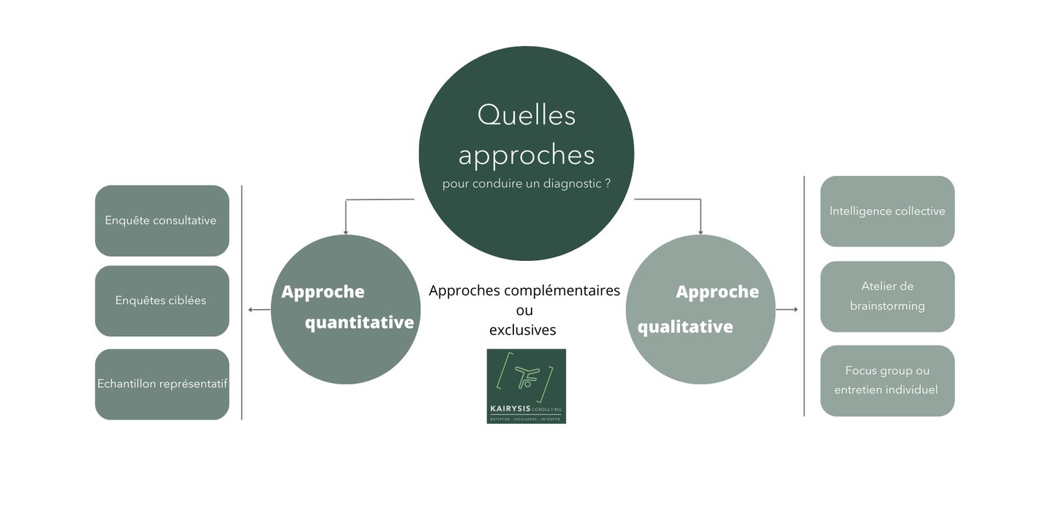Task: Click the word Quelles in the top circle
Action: [526, 115]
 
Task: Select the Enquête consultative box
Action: [162, 221]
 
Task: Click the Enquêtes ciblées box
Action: [162, 300]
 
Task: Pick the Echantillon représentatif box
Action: [162, 384]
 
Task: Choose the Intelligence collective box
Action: [887, 211]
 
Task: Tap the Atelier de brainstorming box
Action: [887, 296]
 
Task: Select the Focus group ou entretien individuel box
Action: [887, 380]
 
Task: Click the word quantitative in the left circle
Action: [359, 322]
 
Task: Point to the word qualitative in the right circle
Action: [685, 327]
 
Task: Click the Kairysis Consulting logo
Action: [526, 386]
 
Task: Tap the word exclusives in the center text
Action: [522, 330]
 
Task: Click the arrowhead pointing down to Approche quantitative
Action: [346, 232]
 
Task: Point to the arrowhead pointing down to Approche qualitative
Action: [701, 232]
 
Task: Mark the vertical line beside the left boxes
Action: [241, 303]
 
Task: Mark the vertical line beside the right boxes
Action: [804, 296]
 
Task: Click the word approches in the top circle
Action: [526, 155]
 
